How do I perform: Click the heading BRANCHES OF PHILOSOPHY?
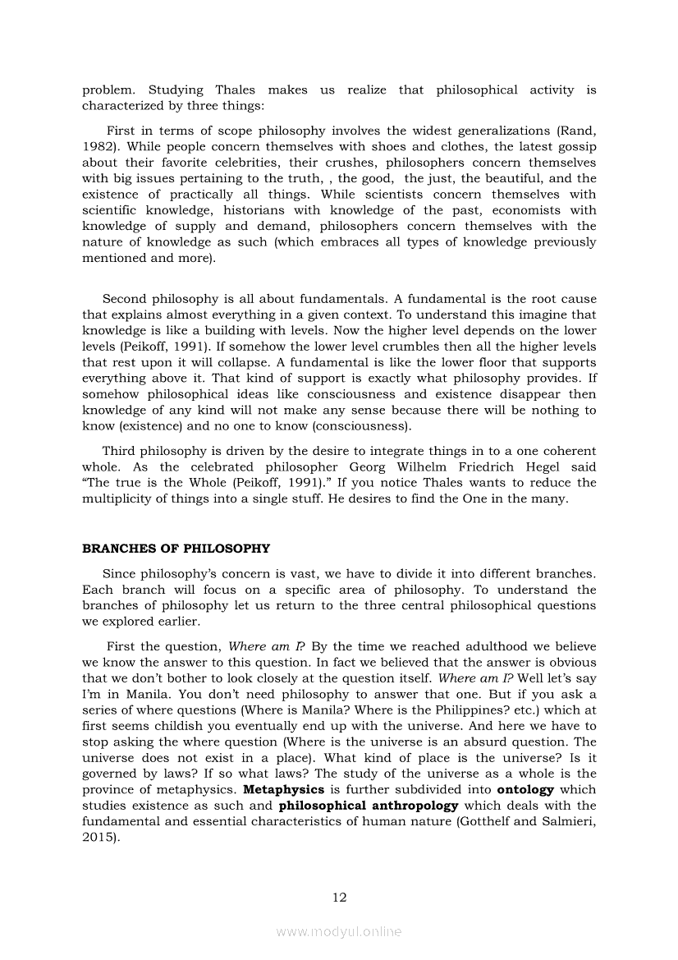click(176, 548)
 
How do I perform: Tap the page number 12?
click(339, 897)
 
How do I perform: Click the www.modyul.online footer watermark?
click(339, 931)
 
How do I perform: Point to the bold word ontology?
click(525, 790)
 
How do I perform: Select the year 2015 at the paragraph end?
click(98, 838)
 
